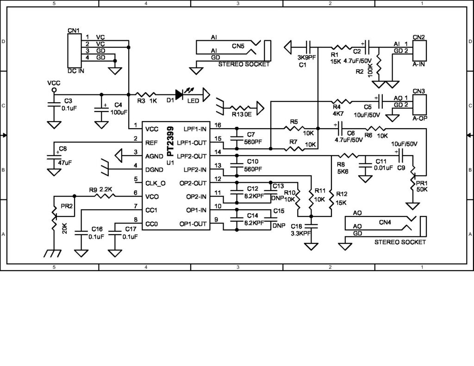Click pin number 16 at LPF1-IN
(x=218, y=125)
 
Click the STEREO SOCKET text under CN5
(x=243, y=64)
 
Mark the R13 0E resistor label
(x=242, y=113)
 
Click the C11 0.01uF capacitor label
(x=384, y=164)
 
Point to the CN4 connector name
(x=385, y=222)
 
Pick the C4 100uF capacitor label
(x=118, y=108)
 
